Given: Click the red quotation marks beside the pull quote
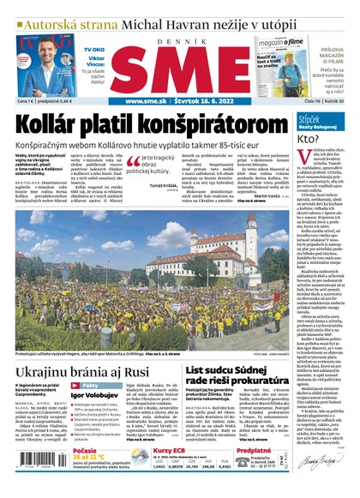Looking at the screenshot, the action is tap(133, 158).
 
